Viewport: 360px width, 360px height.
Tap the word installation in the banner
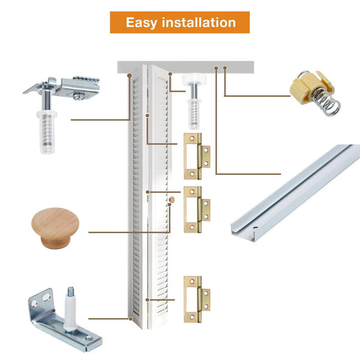click(x=197, y=22)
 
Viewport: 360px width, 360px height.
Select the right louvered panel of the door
click(x=159, y=195)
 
